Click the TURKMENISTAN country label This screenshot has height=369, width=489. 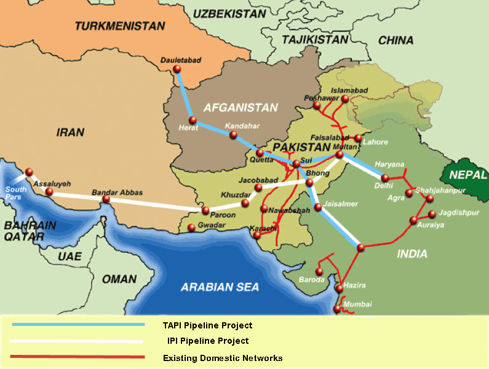click(x=119, y=26)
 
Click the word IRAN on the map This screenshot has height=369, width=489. click(x=69, y=132)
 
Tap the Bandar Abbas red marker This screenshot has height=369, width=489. click(x=106, y=199)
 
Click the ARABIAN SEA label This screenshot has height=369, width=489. click(x=220, y=287)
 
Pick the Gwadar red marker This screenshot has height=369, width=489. click(x=192, y=228)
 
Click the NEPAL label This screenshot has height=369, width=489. click(x=467, y=175)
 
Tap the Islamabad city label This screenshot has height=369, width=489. click(x=349, y=90)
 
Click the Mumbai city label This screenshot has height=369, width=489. click(x=357, y=304)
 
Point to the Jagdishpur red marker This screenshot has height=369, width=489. click(x=432, y=214)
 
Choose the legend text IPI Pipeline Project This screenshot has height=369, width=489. click(x=208, y=341)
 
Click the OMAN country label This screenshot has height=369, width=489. click(x=119, y=279)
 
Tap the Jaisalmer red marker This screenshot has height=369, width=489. click(x=318, y=208)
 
